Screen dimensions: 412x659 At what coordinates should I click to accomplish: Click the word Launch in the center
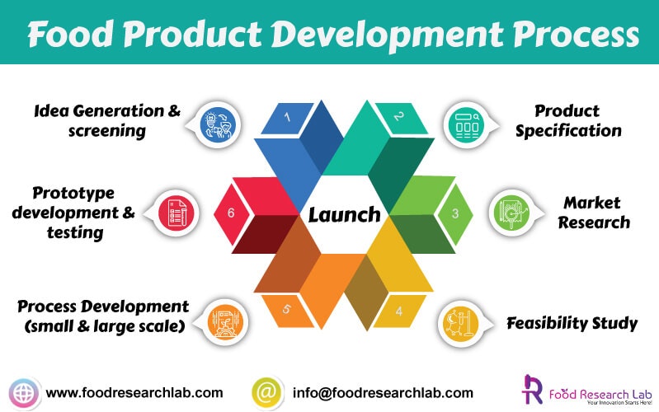[345, 215]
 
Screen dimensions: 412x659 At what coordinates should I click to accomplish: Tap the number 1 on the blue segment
[288, 117]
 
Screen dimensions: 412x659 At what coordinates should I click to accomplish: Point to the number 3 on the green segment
[454, 213]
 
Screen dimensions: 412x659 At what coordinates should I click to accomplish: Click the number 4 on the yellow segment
[399, 311]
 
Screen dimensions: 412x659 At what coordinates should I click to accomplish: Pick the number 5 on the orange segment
[287, 310]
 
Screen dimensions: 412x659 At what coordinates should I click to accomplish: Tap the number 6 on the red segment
[231, 213]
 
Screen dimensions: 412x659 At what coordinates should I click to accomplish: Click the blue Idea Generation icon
[217, 124]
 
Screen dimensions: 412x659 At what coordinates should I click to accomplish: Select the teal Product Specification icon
[467, 124]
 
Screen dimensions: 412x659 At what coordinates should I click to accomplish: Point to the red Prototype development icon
[176, 213]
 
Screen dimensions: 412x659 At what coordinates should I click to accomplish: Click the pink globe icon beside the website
[24, 392]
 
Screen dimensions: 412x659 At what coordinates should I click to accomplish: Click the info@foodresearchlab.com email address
[383, 393]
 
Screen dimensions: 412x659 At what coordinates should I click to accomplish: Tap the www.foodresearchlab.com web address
[134, 393]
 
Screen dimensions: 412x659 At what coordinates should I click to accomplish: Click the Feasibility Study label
[572, 323]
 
